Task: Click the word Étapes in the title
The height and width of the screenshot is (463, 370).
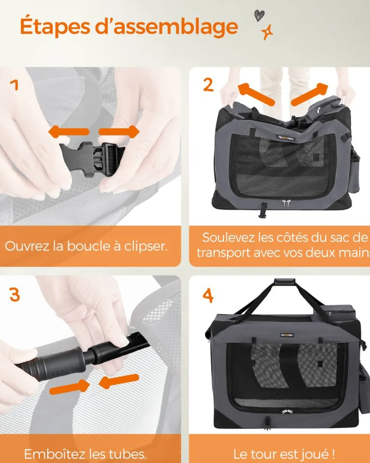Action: click(55, 26)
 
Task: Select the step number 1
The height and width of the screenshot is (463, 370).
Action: click(14, 85)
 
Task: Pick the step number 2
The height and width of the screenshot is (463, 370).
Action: click(208, 85)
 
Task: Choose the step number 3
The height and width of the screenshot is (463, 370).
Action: click(14, 294)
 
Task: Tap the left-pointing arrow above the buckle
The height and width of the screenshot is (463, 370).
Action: click(69, 131)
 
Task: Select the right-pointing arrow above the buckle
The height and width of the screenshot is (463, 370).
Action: click(119, 132)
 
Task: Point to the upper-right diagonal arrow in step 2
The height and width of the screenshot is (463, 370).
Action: click(309, 94)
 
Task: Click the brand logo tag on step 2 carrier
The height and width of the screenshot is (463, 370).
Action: click(286, 138)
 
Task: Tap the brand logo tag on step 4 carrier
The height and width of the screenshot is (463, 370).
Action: click(287, 335)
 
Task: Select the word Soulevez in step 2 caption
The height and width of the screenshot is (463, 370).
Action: click(228, 237)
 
